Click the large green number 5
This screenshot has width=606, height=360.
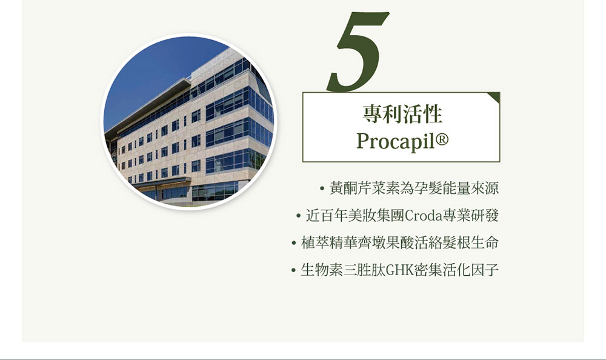coord(358,52)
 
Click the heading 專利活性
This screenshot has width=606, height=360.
coord(402,114)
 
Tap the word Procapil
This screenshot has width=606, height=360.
coord(395,142)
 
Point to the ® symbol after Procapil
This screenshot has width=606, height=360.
coord(442,138)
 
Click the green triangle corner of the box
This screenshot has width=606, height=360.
coord(495,97)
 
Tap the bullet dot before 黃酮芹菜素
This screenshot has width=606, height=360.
coord(322,188)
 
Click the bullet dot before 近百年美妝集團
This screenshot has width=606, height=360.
coord(298,216)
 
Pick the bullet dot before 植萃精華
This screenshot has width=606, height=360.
coord(294,243)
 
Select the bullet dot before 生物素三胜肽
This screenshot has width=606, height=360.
coord(293,270)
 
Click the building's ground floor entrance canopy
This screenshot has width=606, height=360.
coord(162,184)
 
